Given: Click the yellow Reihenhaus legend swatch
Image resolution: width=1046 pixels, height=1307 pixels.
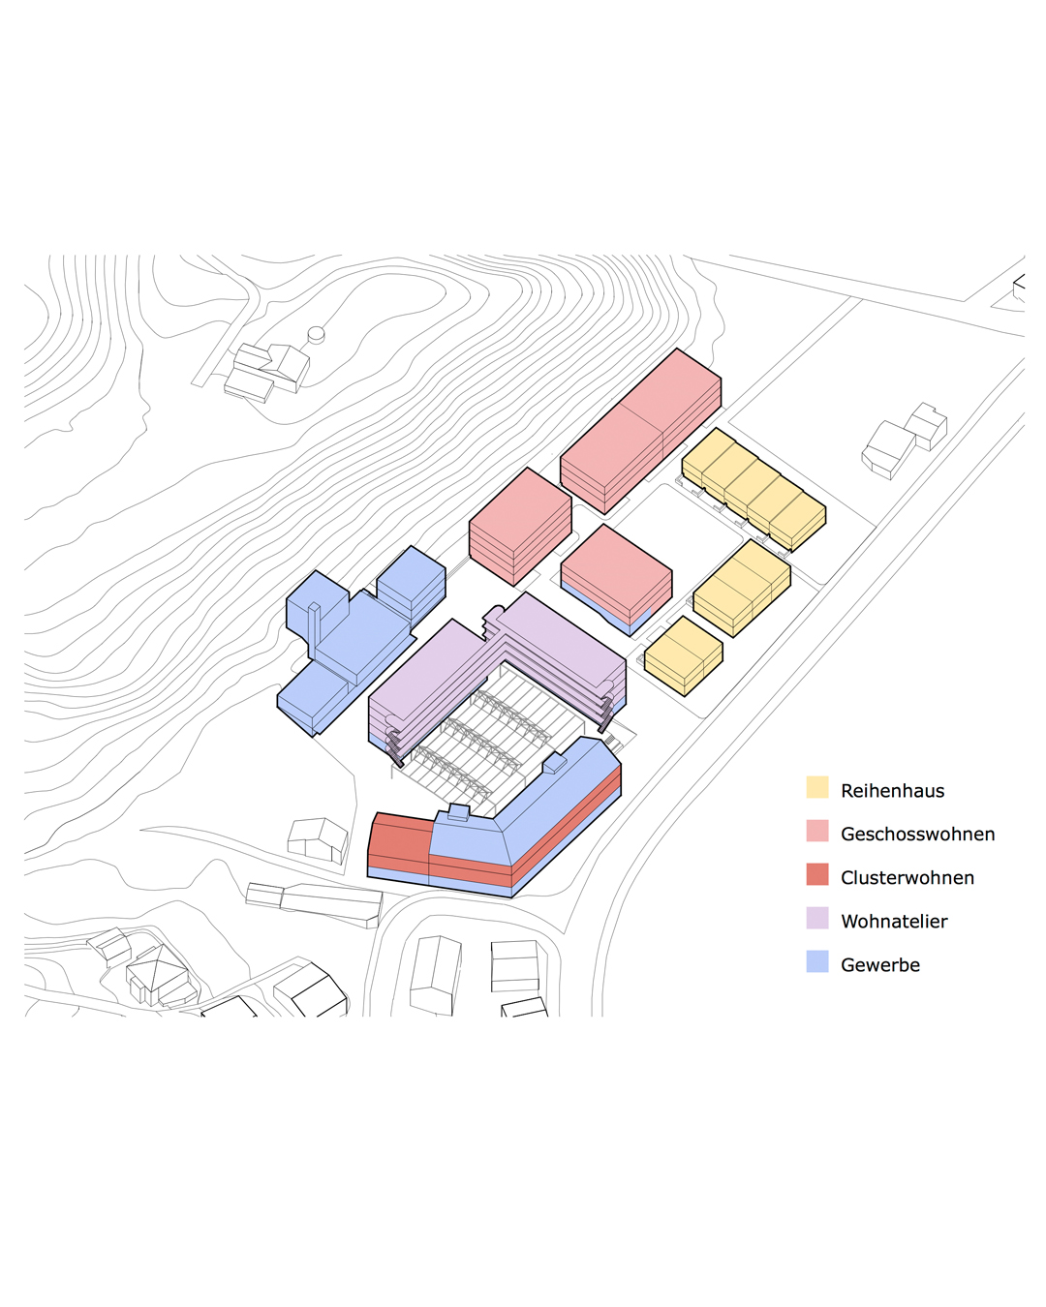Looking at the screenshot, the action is pyautogui.click(x=816, y=786).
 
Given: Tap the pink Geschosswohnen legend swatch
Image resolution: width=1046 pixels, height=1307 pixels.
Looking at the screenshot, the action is pyautogui.click(x=816, y=831).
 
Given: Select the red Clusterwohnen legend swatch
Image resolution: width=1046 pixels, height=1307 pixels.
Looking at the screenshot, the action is pyautogui.click(x=816, y=874).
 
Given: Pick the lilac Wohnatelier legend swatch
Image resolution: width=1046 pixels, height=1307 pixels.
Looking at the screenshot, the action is pyautogui.click(x=816, y=918).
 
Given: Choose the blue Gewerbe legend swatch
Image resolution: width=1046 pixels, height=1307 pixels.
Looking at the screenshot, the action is pyautogui.click(x=816, y=961).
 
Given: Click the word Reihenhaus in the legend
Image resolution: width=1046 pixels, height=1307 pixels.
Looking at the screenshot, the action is pyautogui.click(x=892, y=791).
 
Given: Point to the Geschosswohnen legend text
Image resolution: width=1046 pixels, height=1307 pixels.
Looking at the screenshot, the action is pyautogui.click(x=918, y=835).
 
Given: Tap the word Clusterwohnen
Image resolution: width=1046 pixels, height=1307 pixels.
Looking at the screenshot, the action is pyautogui.click(x=908, y=877).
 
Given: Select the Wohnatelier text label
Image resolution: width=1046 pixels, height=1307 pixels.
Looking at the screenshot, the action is pyautogui.click(x=894, y=922).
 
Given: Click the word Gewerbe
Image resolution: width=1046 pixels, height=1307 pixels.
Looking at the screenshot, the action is pyautogui.click(x=880, y=965).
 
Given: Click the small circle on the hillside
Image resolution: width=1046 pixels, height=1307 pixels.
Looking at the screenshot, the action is pyautogui.click(x=316, y=333).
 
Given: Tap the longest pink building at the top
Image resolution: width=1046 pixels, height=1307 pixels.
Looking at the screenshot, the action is pyautogui.click(x=640, y=431).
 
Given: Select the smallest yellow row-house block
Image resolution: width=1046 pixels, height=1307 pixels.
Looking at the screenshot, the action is pyautogui.click(x=683, y=656).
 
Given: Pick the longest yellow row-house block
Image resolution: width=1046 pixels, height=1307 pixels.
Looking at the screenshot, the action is pyautogui.click(x=754, y=490).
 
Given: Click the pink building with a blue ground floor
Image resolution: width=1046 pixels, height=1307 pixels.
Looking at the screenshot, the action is pyautogui.click(x=616, y=580).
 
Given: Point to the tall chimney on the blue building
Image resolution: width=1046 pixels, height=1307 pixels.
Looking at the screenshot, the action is pyautogui.click(x=314, y=630).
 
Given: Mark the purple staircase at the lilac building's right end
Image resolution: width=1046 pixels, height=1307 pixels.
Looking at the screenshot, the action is pyautogui.click(x=605, y=714).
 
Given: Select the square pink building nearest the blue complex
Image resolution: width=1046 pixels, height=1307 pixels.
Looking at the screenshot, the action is pyautogui.click(x=520, y=527).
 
